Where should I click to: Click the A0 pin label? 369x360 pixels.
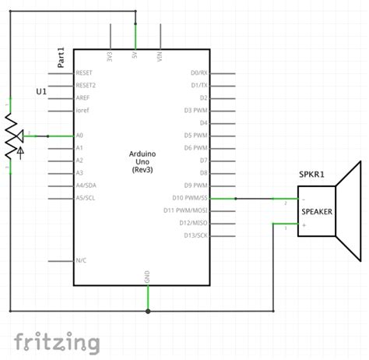79,136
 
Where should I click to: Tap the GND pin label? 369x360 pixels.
147,277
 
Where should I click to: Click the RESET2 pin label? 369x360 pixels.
85,85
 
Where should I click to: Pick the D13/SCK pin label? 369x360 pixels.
192,235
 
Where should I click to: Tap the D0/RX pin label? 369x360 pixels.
199,72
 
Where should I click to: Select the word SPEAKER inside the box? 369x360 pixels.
316,211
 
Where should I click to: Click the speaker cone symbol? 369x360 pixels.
350,211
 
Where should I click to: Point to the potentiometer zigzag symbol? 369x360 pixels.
11,136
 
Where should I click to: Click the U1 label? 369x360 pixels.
43,93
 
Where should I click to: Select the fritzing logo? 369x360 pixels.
58,341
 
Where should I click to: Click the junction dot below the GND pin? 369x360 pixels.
147,310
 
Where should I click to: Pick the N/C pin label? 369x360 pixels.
81,260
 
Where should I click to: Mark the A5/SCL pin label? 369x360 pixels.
85,198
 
